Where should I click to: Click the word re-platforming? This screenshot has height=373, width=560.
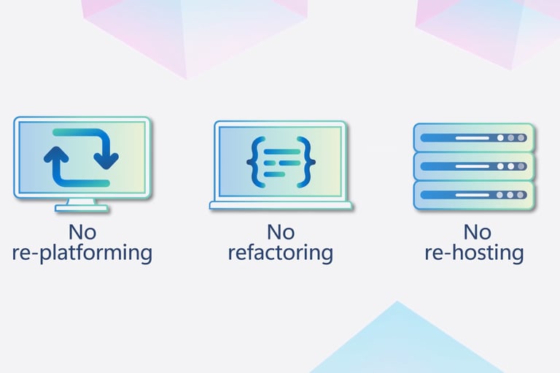pyautogui.click(x=82, y=253)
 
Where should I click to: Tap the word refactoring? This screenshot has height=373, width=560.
pyautogui.click(x=280, y=253)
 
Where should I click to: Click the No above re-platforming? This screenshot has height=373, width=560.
pyautogui.click(x=82, y=232)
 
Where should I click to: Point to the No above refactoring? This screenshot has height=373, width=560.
pyautogui.click(x=280, y=232)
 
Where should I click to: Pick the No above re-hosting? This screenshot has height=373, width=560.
pyautogui.click(x=477, y=232)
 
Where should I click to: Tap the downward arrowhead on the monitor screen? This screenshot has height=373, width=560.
pyautogui.click(x=108, y=155)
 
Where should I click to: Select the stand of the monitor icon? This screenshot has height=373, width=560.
pyautogui.click(x=82, y=204)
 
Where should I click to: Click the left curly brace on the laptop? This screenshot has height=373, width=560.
pyautogui.click(x=254, y=161)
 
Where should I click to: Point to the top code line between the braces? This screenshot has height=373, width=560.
pyautogui.click(x=281, y=152)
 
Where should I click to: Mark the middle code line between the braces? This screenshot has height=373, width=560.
pyautogui.click(x=281, y=161)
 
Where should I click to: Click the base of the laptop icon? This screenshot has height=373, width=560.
pyautogui.click(x=281, y=206)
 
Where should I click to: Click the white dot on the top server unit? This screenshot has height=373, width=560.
pyautogui.click(x=499, y=137)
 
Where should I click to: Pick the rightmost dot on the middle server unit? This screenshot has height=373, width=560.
pyautogui.click(x=521, y=166)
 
